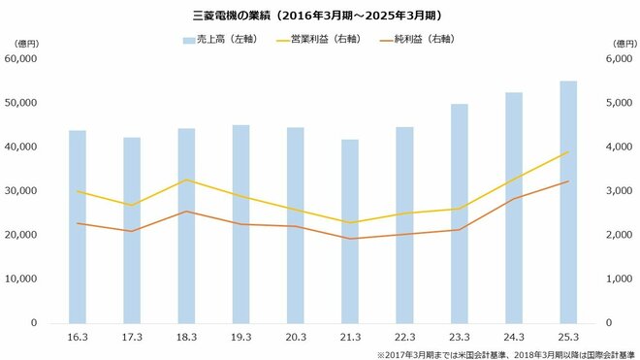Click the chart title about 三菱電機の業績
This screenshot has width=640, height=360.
(x=319, y=16)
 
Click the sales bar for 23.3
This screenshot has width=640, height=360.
(x=459, y=213)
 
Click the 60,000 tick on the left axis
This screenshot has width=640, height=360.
(x=20, y=58)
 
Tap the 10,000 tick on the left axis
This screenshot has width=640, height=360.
(x=20, y=278)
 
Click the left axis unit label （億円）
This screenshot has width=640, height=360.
(x=19, y=43)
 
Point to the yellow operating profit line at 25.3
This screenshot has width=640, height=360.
(x=568, y=152)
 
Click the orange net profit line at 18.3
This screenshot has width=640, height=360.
(x=186, y=212)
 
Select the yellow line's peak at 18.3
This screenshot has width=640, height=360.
(x=186, y=180)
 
